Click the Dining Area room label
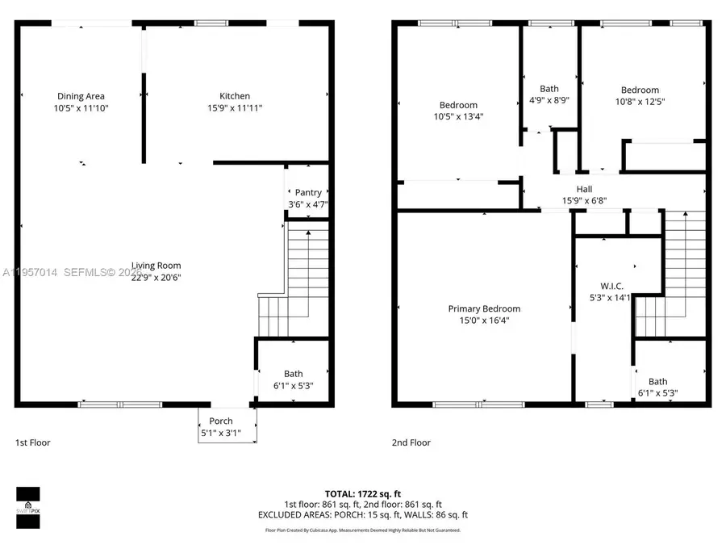[80, 96]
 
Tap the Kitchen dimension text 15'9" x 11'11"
[235, 107]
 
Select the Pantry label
[308, 192]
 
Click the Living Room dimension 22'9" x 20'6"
[156, 277]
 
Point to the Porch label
[221, 421]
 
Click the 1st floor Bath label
[293, 373]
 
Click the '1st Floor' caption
[33, 442]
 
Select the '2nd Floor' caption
[411, 442]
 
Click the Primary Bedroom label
[484, 308]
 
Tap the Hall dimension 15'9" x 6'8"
[584, 201]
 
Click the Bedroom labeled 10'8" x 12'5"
[640, 90]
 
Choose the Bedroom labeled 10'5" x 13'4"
[458, 105]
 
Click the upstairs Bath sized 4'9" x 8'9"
[549, 89]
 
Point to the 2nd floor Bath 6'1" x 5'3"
[657, 382]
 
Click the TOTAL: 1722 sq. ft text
[362, 493]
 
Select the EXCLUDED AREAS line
[362, 514]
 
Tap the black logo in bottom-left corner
[28, 507]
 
